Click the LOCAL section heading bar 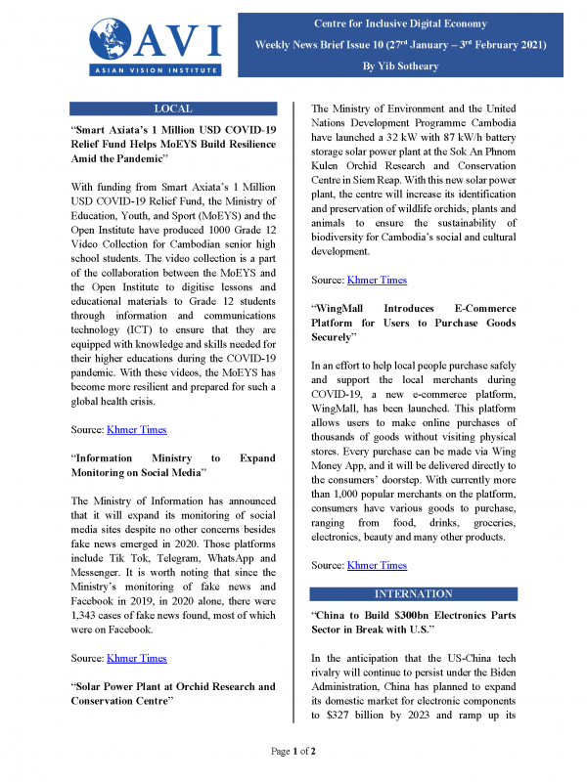pyautogui.click(x=173, y=109)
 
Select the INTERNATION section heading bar pyautogui.click(x=414, y=593)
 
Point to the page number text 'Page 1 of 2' pyautogui.click(x=293, y=751)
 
